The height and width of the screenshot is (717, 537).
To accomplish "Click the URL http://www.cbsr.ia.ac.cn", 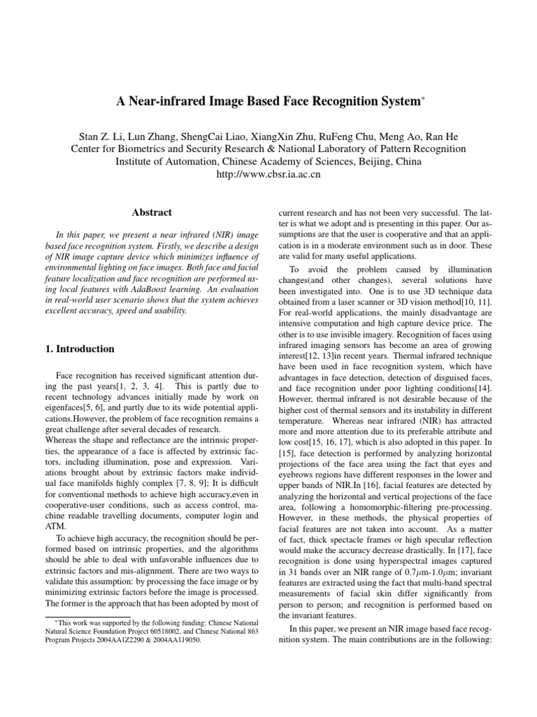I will (x=268, y=174).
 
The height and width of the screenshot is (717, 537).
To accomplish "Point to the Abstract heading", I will (x=152, y=212).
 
